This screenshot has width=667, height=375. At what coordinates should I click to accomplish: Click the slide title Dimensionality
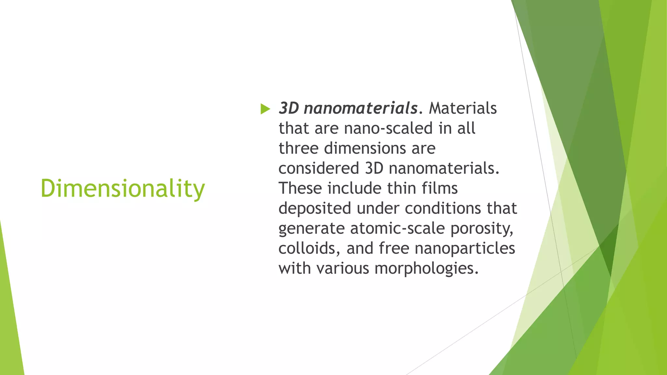(x=122, y=189)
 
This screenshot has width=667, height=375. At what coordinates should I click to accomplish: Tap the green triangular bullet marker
(x=265, y=109)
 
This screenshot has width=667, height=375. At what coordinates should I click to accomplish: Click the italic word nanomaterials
(x=361, y=108)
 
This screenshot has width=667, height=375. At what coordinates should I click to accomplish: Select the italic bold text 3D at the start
(x=289, y=108)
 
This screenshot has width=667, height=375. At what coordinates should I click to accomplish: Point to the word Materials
(x=462, y=108)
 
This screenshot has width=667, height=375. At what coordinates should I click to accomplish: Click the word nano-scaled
(x=388, y=128)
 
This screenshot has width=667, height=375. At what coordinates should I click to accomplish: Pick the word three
(x=298, y=148)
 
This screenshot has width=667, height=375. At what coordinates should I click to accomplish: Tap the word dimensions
(x=365, y=148)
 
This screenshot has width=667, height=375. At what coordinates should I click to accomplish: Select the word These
(x=300, y=188)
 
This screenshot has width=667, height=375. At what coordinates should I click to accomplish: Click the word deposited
(x=315, y=208)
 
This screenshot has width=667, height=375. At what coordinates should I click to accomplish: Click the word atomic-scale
(x=397, y=229)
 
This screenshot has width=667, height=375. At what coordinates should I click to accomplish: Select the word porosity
(x=482, y=229)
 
